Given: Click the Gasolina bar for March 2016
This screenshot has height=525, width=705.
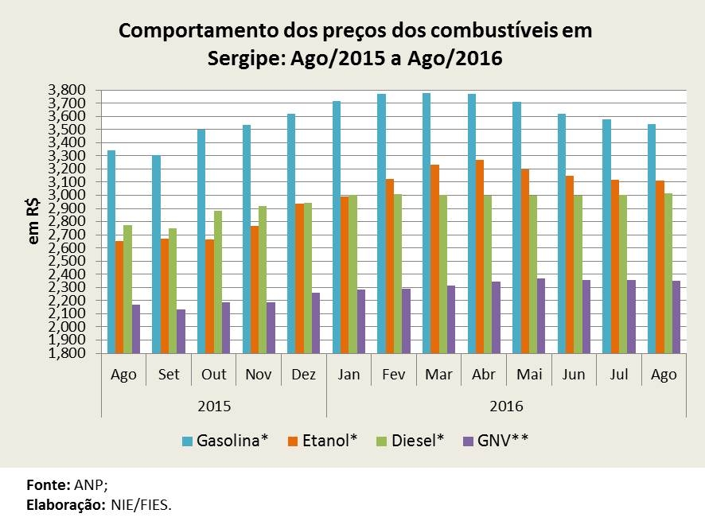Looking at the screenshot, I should coord(427,224).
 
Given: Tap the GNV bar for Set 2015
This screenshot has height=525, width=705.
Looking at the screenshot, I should coord(181,331).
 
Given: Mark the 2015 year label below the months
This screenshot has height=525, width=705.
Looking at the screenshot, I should coord(214,406).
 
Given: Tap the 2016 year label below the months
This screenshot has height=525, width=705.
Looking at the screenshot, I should coord(507,406).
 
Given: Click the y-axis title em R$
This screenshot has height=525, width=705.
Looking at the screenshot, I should coord(34,222).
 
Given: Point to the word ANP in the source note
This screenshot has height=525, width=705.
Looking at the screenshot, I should coord(85,484).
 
